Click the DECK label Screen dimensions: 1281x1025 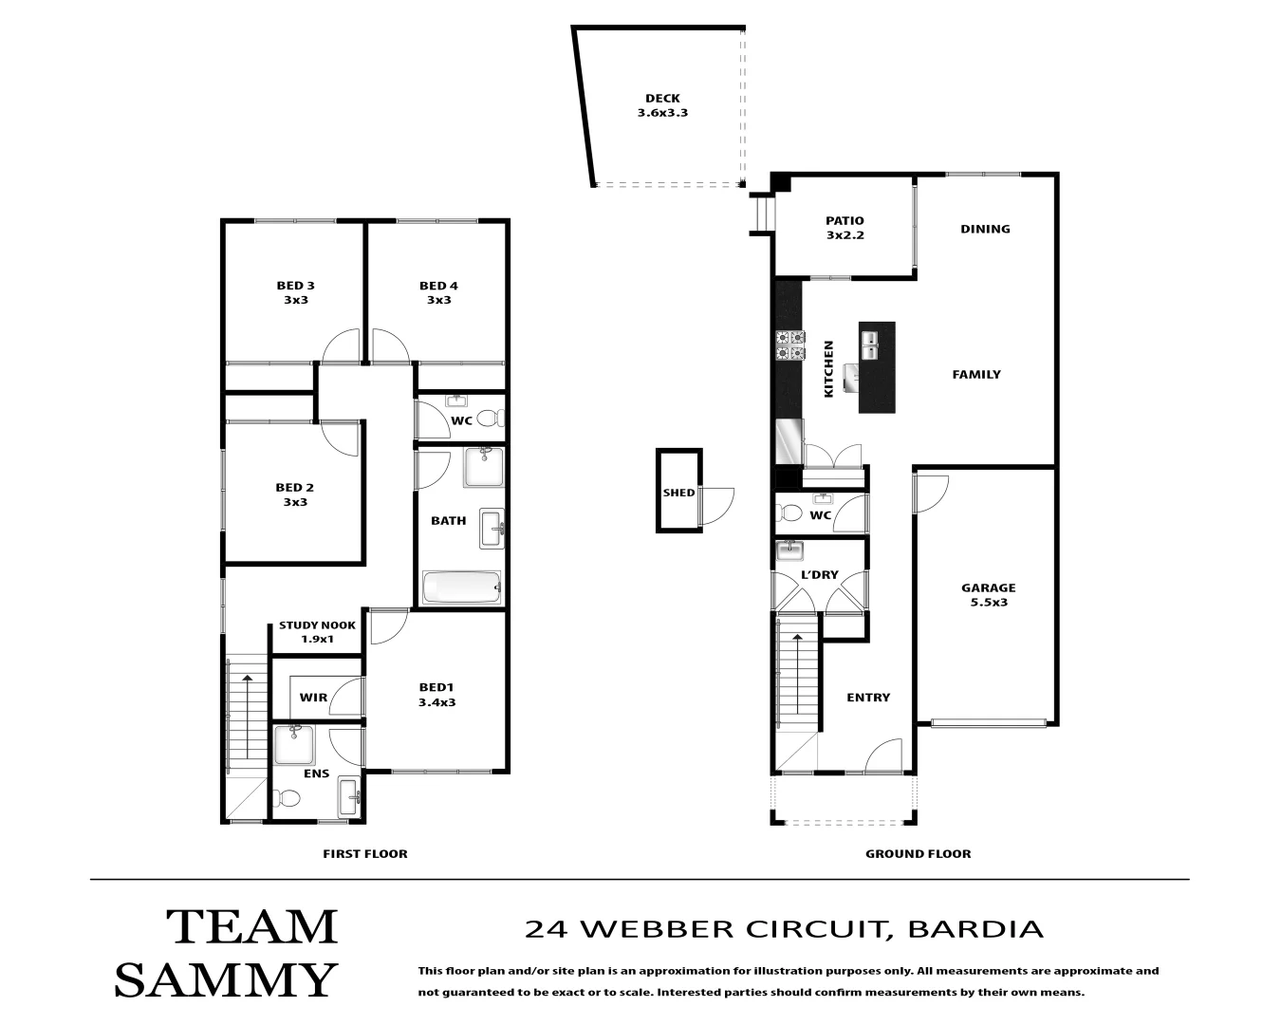(x=662, y=99)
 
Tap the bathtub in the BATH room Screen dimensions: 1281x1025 (x=461, y=587)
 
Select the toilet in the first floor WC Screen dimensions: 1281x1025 (x=491, y=419)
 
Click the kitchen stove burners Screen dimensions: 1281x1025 (x=789, y=345)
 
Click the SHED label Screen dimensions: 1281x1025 (x=678, y=493)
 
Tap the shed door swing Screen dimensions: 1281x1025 (x=717, y=506)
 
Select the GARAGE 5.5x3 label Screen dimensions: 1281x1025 (x=989, y=594)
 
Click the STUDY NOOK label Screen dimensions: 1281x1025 (x=317, y=625)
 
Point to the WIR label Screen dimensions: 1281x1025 (x=313, y=698)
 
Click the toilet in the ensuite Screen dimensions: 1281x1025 (x=287, y=797)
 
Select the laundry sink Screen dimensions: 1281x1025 (x=789, y=550)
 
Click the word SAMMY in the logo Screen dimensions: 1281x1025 (x=226, y=980)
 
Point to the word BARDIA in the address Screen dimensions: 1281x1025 (x=976, y=930)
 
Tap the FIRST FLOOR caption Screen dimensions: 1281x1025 (x=365, y=854)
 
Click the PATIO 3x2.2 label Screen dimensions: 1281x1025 (x=845, y=228)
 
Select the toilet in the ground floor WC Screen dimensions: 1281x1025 (x=789, y=512)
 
